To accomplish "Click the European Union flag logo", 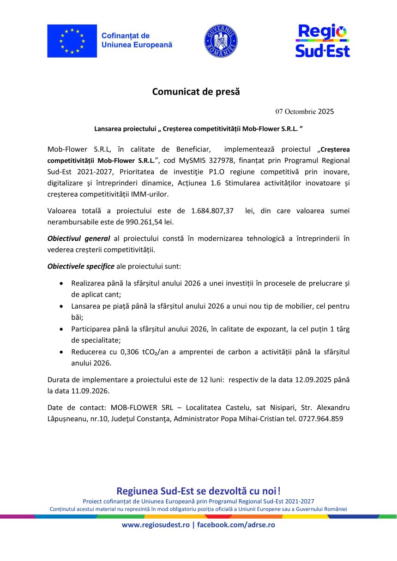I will (x=72, y=41).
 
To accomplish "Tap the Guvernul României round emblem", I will (x=221, y=41).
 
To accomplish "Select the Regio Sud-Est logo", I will (x=322, y=41).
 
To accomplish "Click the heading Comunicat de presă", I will (x=196, y=91).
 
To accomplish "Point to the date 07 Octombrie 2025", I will (x=305, y=112).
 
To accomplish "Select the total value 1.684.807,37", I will (x=212, y=211).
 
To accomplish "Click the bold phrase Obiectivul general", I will (x=78, y=239).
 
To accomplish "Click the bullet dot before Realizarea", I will (x=62, y=283).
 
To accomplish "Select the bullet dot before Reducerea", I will (x=62, y=352).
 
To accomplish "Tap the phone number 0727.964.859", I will (x=321, y=419).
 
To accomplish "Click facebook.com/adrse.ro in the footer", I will (x=236, y=525).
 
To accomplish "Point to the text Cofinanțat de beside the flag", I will (x=125, y=36).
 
